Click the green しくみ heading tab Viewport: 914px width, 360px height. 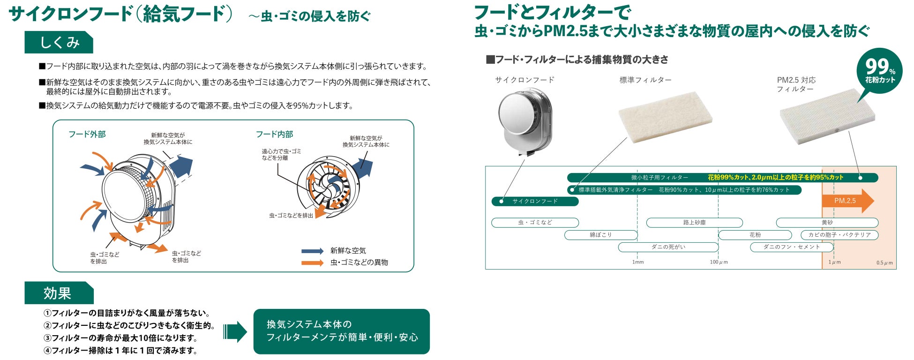(59, 43)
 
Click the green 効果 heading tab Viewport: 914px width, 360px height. (59, 293)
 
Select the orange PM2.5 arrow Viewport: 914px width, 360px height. (847, 201)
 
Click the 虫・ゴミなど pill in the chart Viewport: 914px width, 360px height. (535, 223)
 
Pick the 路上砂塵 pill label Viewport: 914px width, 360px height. (694, 223)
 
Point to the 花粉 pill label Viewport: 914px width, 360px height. (755, 235)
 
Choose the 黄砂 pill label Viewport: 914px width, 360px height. (827, 223)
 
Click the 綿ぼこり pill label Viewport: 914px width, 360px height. (600, 235)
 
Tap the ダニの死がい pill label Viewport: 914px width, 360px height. (668, 247)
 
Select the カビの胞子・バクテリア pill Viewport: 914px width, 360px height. (839, 235)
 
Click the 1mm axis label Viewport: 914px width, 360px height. (638, 262)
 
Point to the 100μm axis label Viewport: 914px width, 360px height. (719, 262)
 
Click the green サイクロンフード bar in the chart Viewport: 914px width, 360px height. (535, 202)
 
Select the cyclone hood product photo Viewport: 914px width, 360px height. (524, 120)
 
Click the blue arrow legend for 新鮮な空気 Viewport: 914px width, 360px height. (312, 251)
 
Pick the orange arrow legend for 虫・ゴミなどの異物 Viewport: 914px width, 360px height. (312, 262)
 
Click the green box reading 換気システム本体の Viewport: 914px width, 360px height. (341, 331)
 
